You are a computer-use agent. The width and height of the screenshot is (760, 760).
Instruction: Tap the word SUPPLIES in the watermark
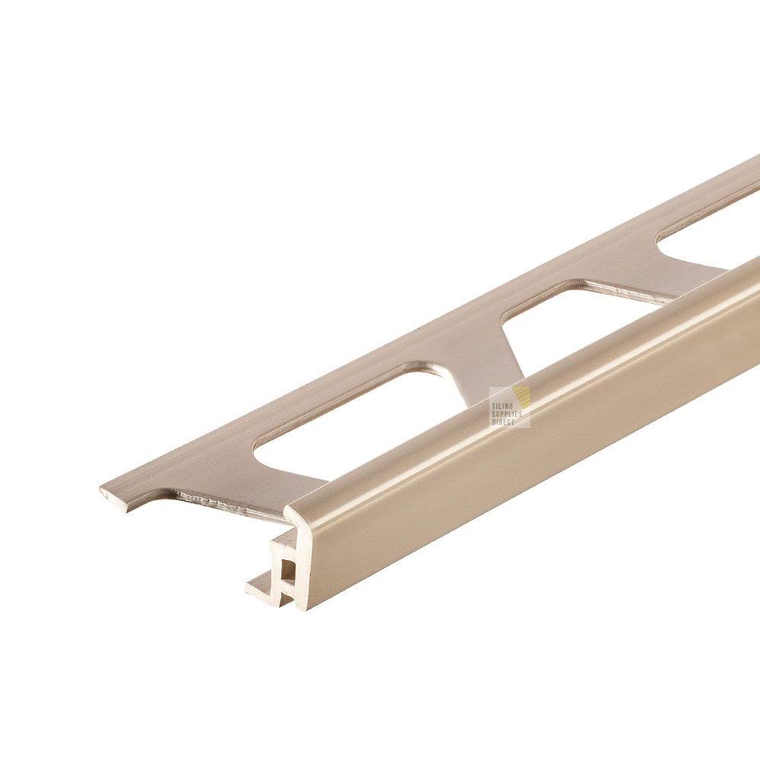[507, 414]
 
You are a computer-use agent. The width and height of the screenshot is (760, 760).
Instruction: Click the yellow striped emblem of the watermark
[524, 397]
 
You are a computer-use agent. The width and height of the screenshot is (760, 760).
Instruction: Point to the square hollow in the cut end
[289, 567]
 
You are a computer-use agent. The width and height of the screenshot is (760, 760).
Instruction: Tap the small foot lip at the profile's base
[257, 586]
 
